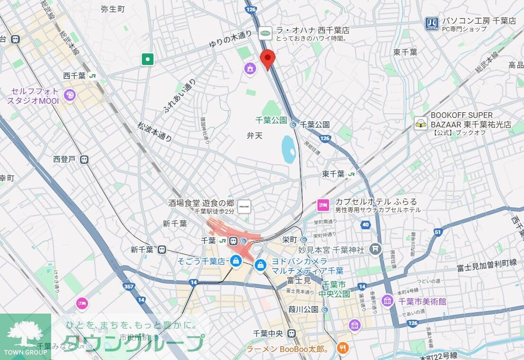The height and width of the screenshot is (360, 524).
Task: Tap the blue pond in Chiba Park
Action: [x=288, y=149]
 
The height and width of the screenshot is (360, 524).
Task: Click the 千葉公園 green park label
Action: [x=271, y=120]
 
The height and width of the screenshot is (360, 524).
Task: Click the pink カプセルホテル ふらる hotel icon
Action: [x=323, y=205]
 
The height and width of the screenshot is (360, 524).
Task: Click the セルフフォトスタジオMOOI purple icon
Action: [x=70, y=95]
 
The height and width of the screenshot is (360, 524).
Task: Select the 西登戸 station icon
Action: [x=84, y=159]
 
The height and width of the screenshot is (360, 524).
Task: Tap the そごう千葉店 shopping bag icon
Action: [x=235, y=261]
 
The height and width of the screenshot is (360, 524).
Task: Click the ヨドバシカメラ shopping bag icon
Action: [x=260, y=265]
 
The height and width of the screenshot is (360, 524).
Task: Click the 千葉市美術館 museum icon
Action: [x=388, y=301]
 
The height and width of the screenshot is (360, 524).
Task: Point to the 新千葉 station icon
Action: [x=162, y=249]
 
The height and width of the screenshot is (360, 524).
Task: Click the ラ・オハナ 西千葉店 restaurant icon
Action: [x=266, y=33]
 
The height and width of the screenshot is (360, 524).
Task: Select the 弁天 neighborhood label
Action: [x=254, y=135]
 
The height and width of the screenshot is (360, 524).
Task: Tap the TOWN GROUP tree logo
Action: [x=25, y=334]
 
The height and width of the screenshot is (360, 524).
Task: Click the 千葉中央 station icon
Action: [x=292, y=333]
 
